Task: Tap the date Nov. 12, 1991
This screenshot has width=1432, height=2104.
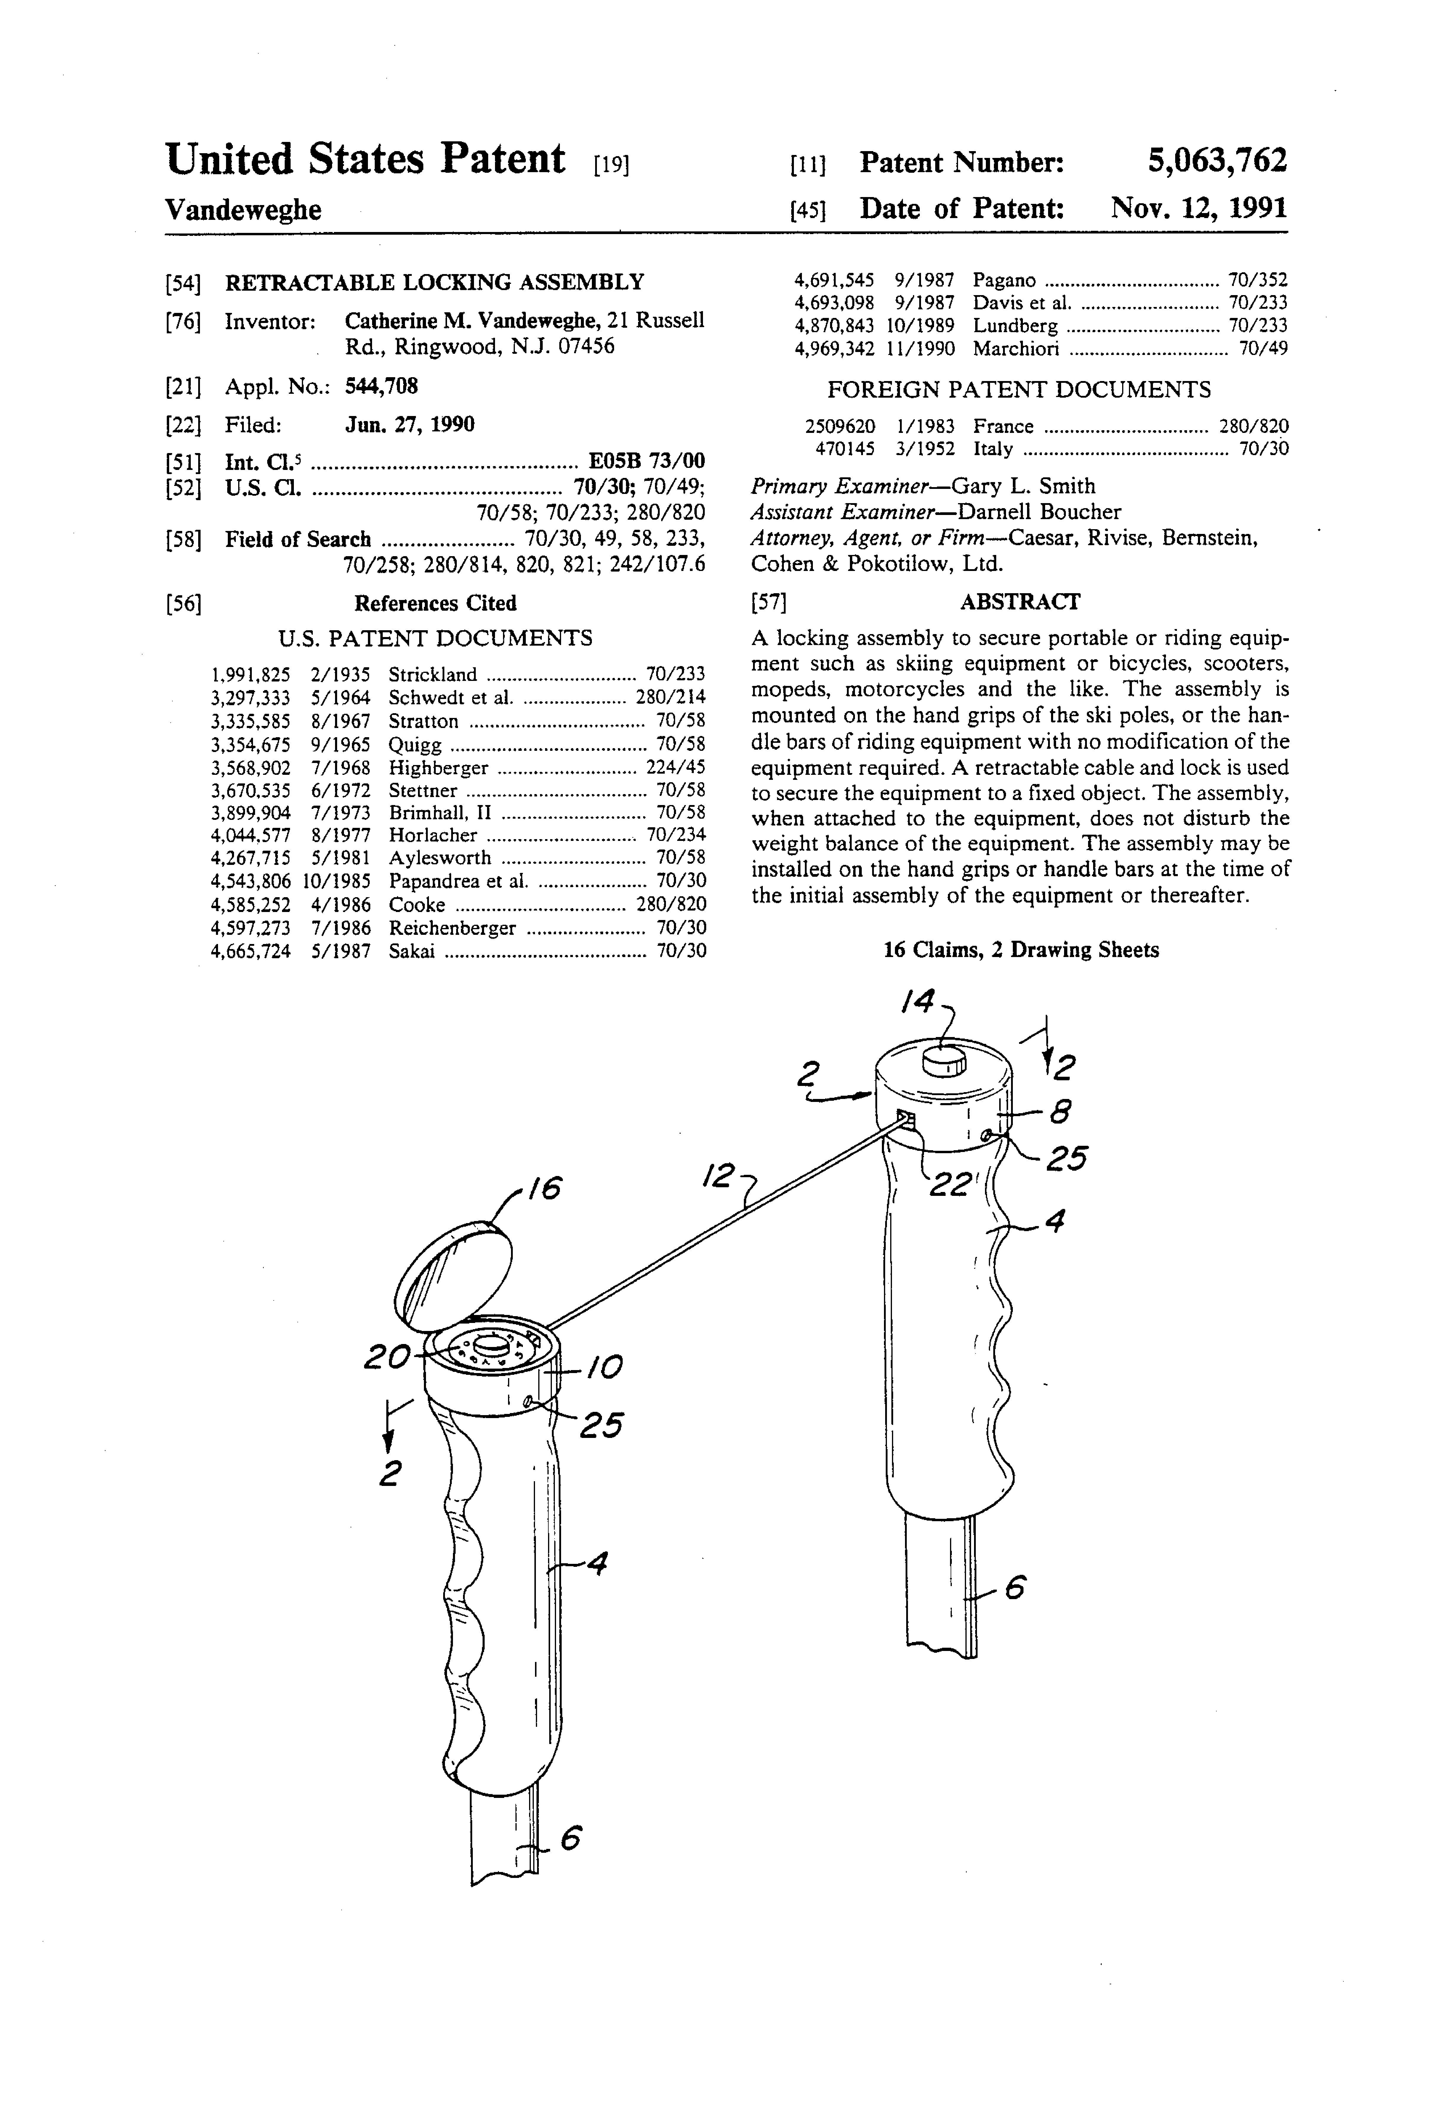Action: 1198,209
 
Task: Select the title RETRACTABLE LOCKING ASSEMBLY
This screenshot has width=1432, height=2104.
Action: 435,282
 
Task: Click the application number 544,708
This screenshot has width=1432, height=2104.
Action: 381,387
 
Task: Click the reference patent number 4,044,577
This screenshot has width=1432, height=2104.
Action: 251,835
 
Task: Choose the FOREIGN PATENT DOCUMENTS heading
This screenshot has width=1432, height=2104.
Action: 1018,390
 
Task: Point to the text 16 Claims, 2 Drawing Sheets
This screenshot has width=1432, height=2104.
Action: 1020,950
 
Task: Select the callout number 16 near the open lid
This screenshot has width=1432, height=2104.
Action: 540,1188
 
